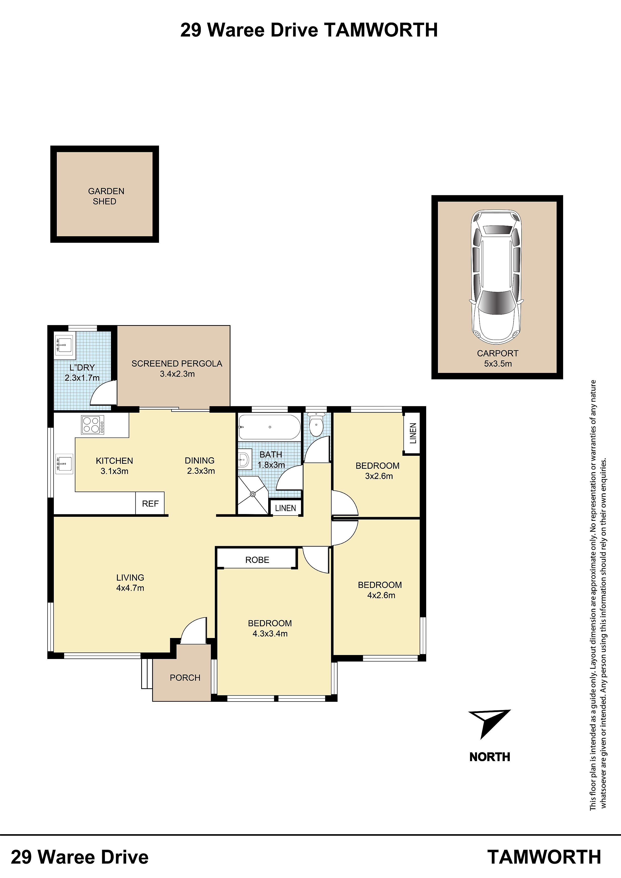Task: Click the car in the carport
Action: (x=497, y=277)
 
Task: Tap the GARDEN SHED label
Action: (x=106, y=196)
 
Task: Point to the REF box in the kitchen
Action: (x=150, y=504)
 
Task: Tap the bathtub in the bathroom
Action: (x=269, y=427)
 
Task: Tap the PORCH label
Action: (x=185, y=678)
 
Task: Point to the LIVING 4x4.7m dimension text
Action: (x=130, y=583)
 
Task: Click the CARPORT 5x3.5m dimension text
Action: (x=498, y=358)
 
